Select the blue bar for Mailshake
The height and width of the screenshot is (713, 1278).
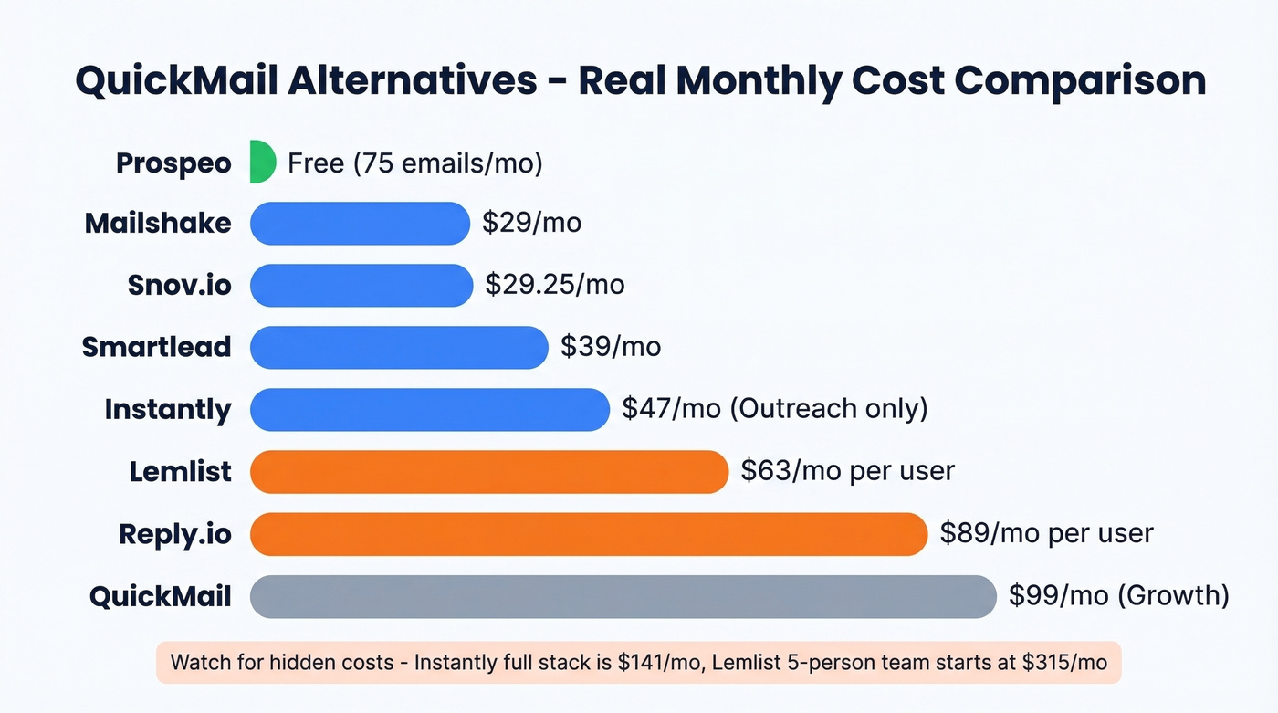point(360,224)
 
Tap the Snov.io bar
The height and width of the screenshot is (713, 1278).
point(361,285)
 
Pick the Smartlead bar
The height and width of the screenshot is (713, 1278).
point(399,348)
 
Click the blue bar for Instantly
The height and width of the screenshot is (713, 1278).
point(429,409)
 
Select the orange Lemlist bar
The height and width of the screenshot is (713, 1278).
point(489,471)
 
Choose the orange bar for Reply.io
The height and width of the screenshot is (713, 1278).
point(589,534)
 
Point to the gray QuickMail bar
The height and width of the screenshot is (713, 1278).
point(623,596)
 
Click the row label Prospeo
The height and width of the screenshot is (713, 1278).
point(173,163)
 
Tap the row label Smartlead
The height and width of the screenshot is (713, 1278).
point(156,347)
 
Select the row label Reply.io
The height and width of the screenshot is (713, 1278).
point(175,534)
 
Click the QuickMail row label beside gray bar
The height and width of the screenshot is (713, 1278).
point(160,597)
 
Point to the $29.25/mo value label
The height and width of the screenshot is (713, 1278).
point(555,284)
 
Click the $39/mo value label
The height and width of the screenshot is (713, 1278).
point(611,346)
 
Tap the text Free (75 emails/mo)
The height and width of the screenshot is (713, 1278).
point(414,163)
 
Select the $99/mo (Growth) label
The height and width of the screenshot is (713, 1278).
point(1119,595)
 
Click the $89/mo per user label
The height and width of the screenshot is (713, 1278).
point(1046,532)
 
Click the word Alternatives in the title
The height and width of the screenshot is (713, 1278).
point(412,80)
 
